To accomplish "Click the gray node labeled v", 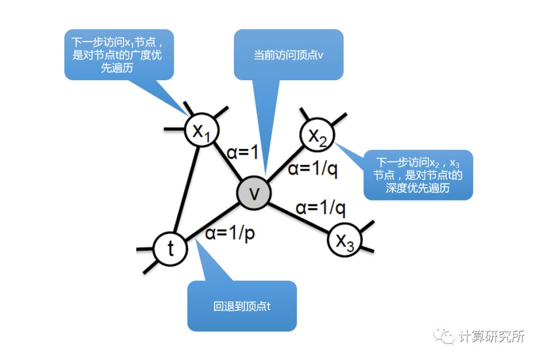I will [254, 193].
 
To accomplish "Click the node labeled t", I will [170, 249].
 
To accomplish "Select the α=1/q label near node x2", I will [313, 169].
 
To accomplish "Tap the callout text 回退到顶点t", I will [242, 306].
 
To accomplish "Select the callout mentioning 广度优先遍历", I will [119, 54].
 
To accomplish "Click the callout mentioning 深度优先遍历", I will [418, 175].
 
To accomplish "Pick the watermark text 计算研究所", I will [491, 336].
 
